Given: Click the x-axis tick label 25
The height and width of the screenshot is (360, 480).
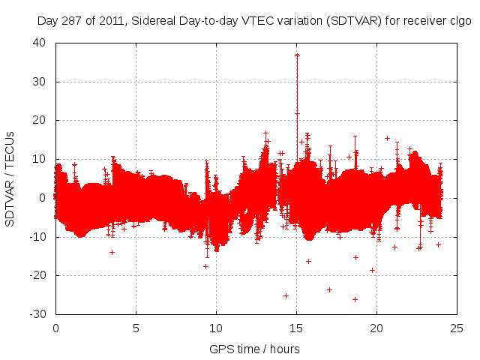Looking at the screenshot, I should click(457, 328).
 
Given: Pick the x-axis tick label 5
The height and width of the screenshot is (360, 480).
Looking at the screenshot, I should click(136, 328).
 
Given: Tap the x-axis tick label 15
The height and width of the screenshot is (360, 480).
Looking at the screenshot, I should click(296, 328).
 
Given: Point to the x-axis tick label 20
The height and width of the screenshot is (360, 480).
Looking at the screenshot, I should click(376, 328).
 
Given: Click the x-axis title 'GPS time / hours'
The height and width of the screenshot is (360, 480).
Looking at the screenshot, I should click(255, 349).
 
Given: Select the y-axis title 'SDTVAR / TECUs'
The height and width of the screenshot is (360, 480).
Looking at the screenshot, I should click(10, 178).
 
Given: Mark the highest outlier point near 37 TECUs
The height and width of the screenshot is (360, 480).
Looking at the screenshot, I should click(298, 55).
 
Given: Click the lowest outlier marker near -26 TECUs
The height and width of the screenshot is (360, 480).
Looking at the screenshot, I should click(355, 299).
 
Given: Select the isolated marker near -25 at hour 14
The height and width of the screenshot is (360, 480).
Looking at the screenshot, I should click(286, 295).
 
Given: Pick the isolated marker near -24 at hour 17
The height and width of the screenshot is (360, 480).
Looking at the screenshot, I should click(329, 289).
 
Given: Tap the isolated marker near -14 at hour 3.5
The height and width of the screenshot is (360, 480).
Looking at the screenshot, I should click(112, 252).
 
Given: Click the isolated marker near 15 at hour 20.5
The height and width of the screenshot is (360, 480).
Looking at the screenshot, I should click(387, 138).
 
